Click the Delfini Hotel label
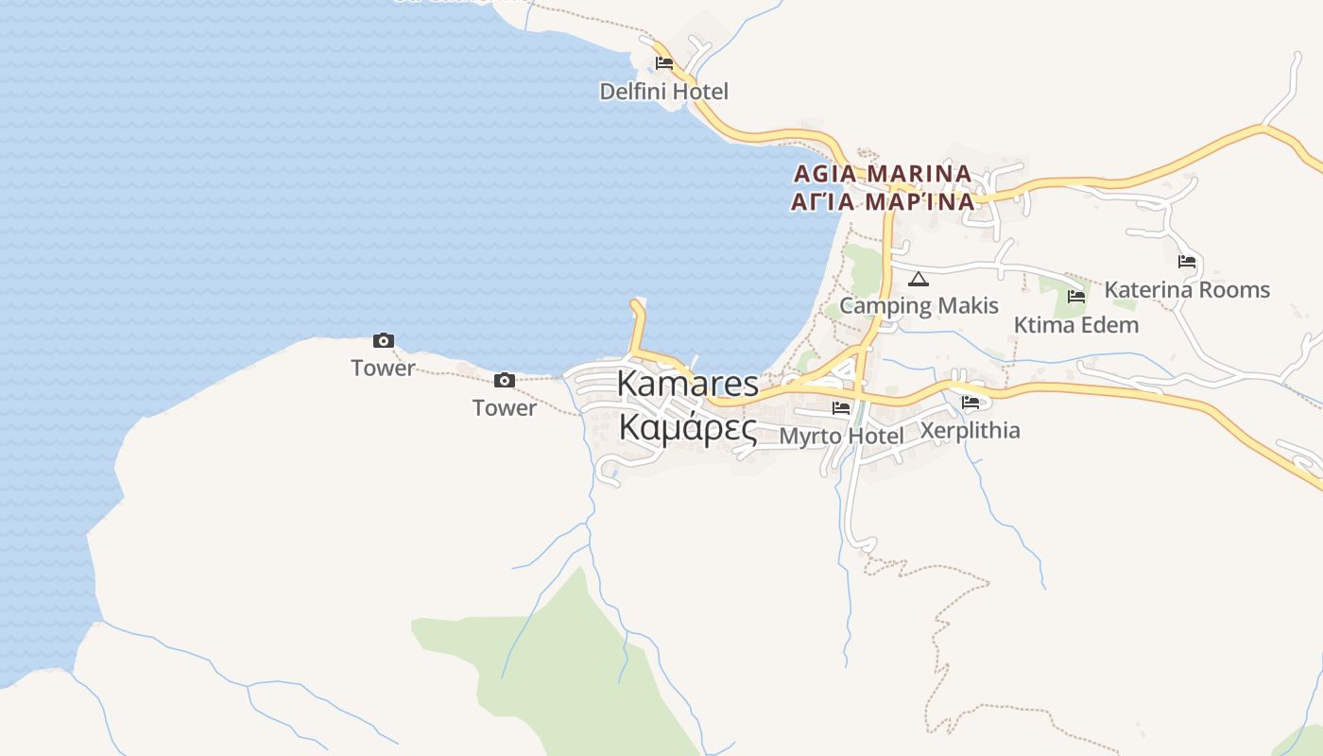[x=663, y=92]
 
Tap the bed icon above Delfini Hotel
[x=664, y=63]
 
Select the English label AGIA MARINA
[x=883, y=174]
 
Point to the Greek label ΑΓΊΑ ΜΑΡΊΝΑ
[x=883, y=201]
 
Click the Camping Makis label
[x=919, y=305]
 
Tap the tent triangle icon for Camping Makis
[x=919, y=279]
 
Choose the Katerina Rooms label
[x=1187, y=289]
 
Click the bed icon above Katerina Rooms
[x=1187, y=262]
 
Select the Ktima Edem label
[x=1075, y=325]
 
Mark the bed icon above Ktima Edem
[x=1075, y=297]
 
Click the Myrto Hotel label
[x=841, y=436]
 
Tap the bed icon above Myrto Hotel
[x=841, y=408]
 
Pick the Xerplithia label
[x=970, y=430]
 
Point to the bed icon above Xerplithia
[x=970, y=403]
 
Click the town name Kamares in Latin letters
[x=687, y=384]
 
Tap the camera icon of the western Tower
[x=383, y=341]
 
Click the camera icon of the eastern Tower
[x=505, y=380]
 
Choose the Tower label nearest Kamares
[x=505, y=407]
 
